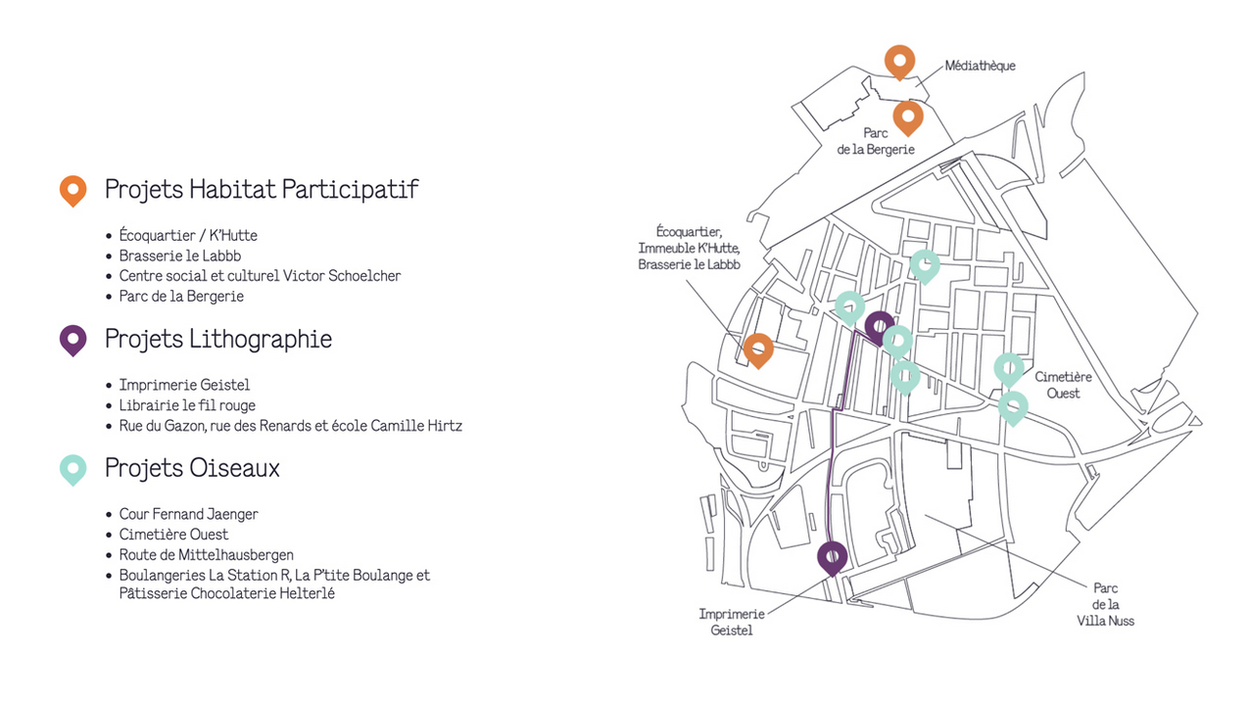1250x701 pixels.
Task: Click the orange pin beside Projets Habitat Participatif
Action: coord(73,190)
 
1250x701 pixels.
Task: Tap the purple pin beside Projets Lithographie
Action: coord(73,340)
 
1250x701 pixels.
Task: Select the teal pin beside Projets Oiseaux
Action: coord(73,469)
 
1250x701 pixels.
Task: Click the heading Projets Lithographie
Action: coord(217,339)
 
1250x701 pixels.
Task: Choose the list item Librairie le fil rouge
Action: coord(187,405)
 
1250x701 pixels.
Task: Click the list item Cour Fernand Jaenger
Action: coord(188,514)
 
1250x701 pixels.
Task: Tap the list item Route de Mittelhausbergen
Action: coord(206,555)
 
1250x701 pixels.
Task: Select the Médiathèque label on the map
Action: coord(980,66)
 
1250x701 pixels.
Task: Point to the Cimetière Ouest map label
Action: coord(1063,385)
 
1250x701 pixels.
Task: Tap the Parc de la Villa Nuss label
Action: coord(1105,604)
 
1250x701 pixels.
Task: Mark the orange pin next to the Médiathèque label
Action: coord(899,62)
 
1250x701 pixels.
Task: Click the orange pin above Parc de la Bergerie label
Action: coord(908,117)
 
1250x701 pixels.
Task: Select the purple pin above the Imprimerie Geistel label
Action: coord(832,557)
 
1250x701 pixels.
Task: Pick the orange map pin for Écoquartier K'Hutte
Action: coord(758,350)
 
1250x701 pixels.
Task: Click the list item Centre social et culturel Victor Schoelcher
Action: coord(260,276)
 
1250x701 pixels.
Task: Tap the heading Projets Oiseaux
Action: coord(192,468)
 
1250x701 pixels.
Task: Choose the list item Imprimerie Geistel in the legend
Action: coord(184,385)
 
